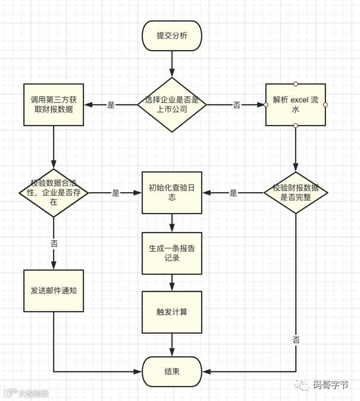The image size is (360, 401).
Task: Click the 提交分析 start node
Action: pos(172,36)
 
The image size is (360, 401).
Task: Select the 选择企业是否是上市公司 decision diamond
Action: pos(172,105)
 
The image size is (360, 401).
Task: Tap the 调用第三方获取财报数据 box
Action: pos(54,105)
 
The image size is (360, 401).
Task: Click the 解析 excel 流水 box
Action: pos(296,105)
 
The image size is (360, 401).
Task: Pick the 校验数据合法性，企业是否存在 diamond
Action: pos(54,193)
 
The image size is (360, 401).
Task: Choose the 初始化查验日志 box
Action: pos(172,193)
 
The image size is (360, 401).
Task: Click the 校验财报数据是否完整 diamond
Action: pos(296,193)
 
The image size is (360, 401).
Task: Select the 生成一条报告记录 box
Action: pos(172,253)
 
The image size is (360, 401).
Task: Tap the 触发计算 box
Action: pos(172,312)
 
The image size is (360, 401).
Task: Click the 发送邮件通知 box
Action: pos(54,291)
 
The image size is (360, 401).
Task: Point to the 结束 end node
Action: pos(172,372)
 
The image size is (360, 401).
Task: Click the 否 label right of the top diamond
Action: pos(237,105)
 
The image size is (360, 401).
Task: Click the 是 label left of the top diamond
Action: pos(111,105)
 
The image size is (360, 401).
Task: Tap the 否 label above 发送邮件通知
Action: pos(54,244)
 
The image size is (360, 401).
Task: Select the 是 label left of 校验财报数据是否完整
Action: pos(234,193)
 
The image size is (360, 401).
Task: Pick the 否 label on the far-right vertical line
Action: pos(296,340)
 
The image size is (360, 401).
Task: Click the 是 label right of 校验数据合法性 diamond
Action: pos(116,193)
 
